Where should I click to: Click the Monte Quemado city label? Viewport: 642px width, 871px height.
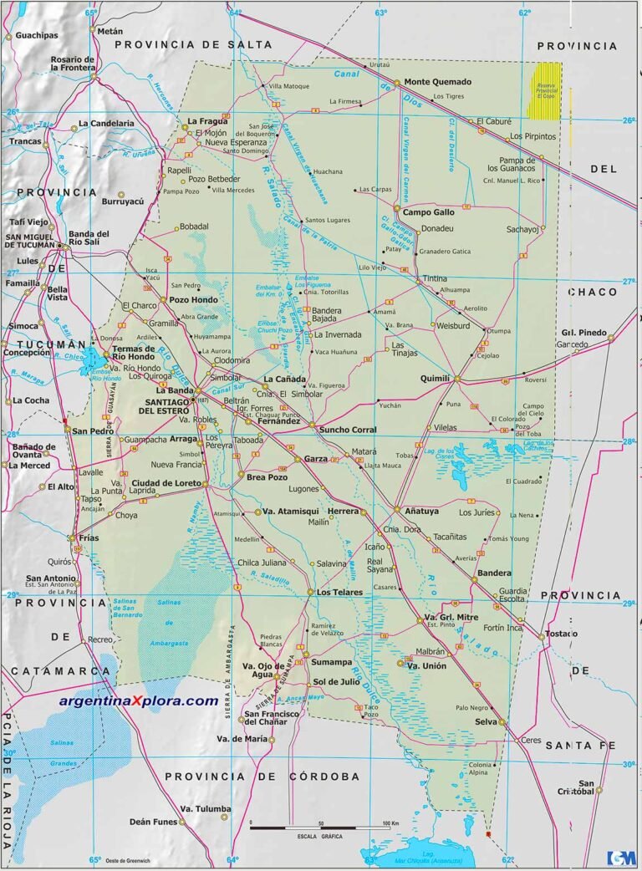pos(438,82)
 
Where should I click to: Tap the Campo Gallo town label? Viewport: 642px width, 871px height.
pos(430,212)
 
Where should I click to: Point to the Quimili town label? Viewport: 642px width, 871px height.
pos(436,378)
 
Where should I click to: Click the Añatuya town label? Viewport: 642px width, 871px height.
pos(421,511)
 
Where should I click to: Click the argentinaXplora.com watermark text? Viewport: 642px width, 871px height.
pos(139,700)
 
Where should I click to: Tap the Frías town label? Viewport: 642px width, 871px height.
pos(88,538)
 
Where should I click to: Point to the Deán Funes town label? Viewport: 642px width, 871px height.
pos(152,822)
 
